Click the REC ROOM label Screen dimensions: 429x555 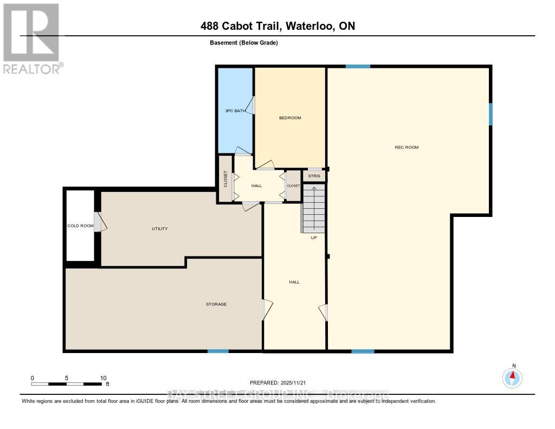406,148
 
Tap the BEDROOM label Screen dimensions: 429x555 290,118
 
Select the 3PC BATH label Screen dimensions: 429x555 235,111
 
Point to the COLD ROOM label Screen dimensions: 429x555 80,226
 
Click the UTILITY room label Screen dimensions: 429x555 159,228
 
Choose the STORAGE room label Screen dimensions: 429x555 216,304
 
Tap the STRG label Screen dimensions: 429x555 314,176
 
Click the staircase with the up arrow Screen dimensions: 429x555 314,208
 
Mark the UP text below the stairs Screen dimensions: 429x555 313,238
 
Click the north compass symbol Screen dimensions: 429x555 513,377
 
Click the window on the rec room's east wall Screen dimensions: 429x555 491,114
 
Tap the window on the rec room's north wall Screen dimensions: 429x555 358,66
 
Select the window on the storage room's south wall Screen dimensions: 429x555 218,351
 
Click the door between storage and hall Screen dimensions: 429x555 266,310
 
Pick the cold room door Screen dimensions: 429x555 100,222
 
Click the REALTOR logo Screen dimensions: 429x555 31,38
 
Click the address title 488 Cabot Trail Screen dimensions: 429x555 277,26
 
